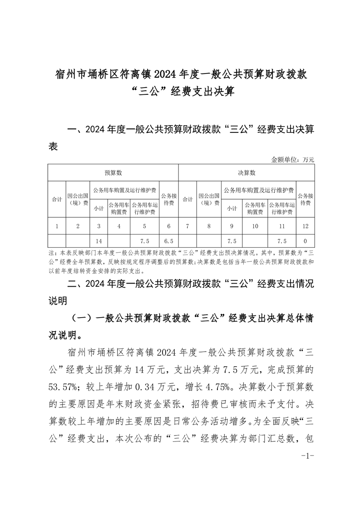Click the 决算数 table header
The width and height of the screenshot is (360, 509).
coord(247,173)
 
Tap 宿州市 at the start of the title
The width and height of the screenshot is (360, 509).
coord(69,74)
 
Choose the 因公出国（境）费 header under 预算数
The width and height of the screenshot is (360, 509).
coord(78,200)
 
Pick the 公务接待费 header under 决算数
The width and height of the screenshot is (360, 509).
coord(305,200)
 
